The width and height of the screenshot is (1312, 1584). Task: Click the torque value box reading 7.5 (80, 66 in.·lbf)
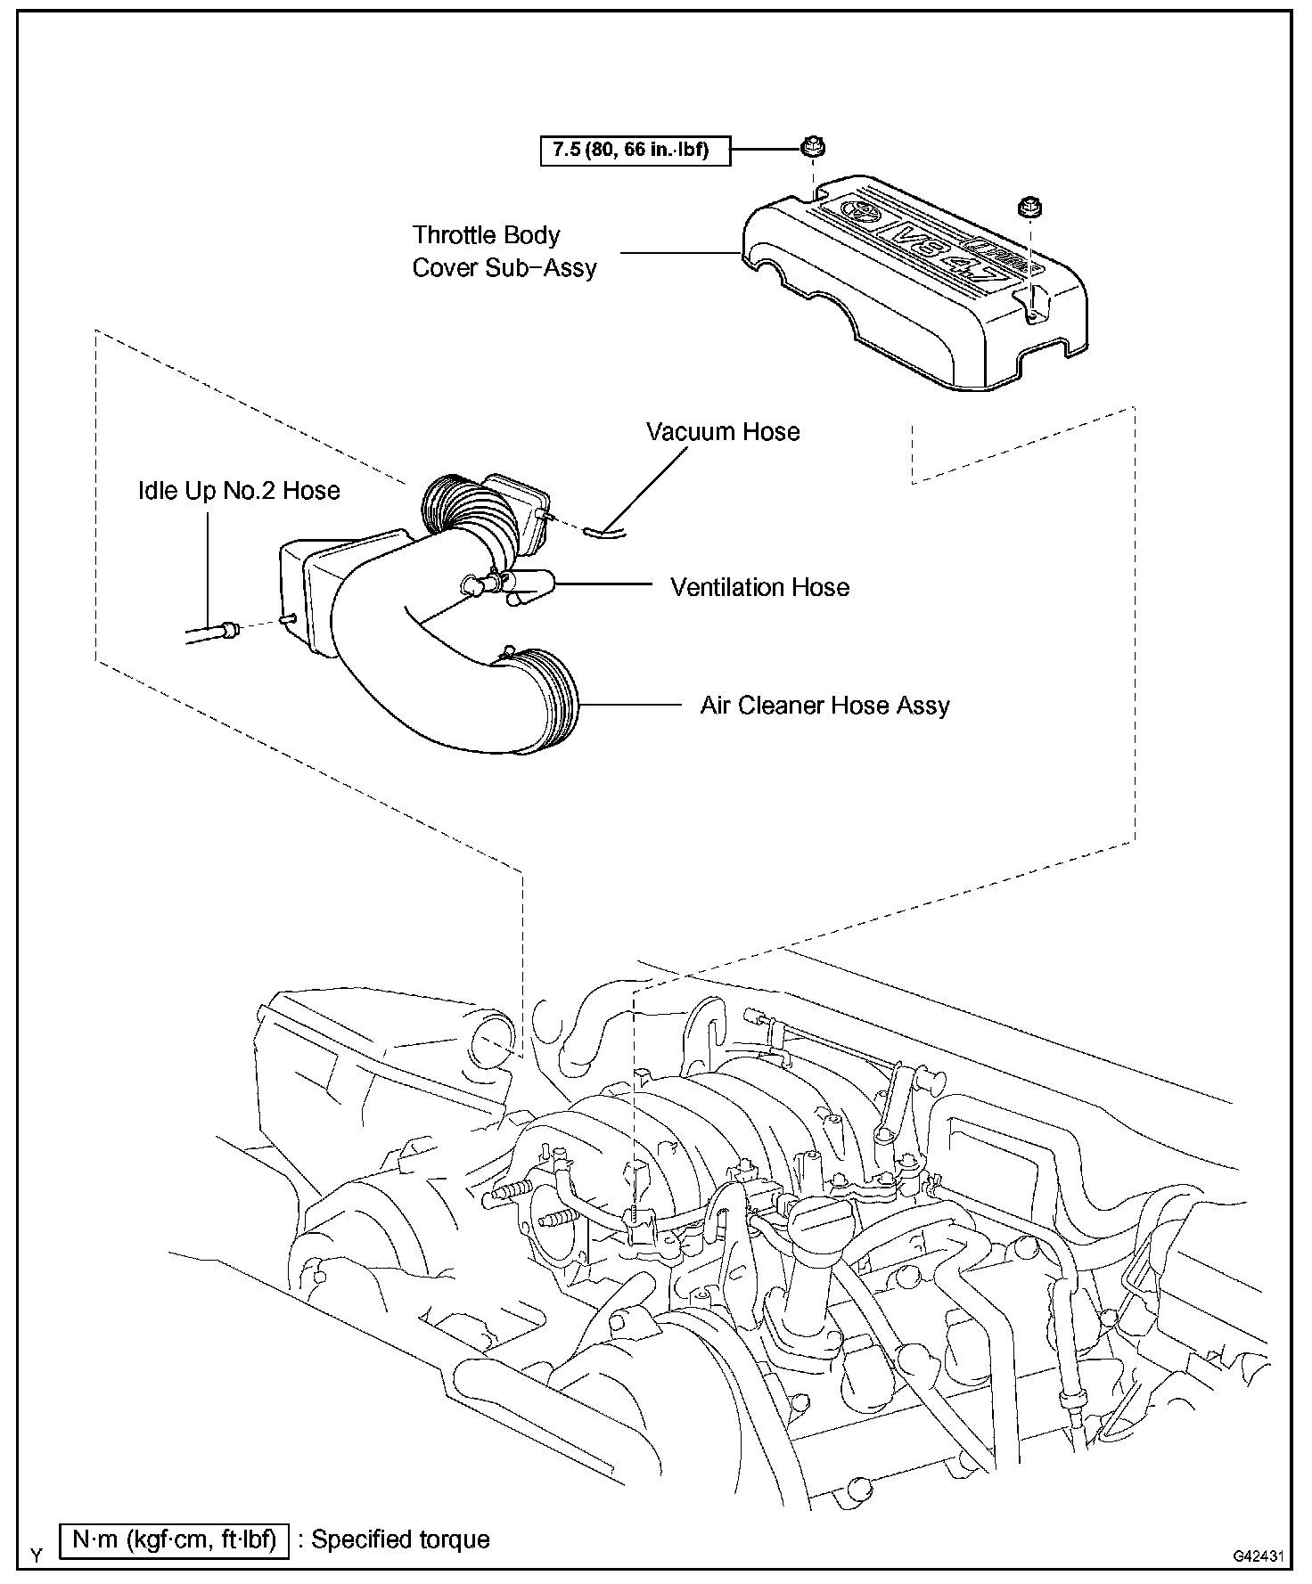pyautogui.click(x=635, y=150)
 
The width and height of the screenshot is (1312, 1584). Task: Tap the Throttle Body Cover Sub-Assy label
pyautogui.click(x=504, y=251)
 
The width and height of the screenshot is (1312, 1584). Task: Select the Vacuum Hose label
pyautogui.click(x=723, y=432)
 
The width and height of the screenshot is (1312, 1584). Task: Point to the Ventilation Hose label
pyautogui.click(x=759, y=587)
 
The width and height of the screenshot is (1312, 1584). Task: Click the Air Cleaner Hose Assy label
pyautogui.click(x=824, y=706)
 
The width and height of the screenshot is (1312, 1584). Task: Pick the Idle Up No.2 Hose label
pyautogui.click(x=239, y=491)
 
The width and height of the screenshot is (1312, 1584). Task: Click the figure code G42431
pyautogui.click(x=1258, y=1556)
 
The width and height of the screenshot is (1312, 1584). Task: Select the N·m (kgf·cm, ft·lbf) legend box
pyautogui.click(x=174, y=1539)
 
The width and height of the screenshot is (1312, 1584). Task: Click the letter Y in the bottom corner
pyautogui.click(x=37, y=1555)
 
